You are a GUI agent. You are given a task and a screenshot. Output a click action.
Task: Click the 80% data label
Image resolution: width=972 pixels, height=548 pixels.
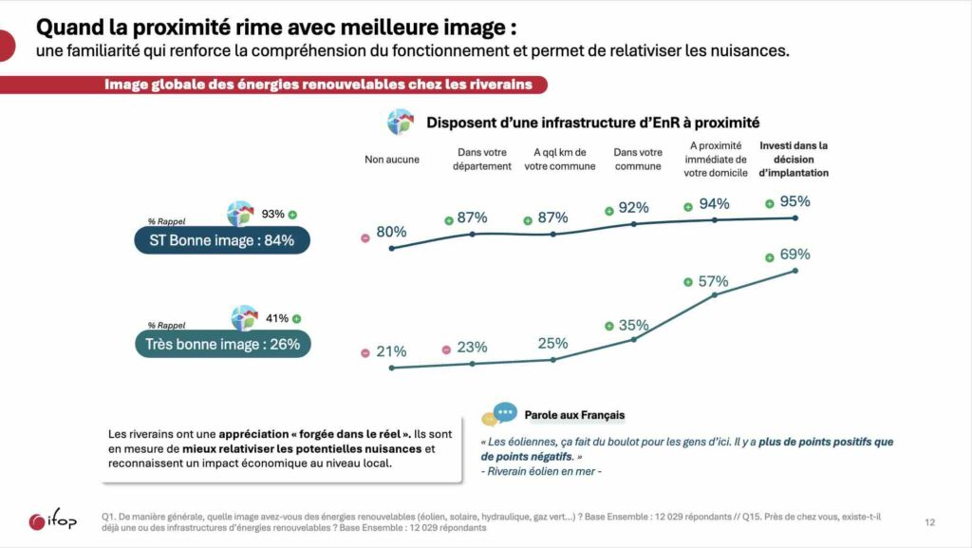click(x=391, y=232)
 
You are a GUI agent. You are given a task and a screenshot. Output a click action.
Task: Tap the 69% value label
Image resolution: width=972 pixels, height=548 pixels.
click(x=794, y=255)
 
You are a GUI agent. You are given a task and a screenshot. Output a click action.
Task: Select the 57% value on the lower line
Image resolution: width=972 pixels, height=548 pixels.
click(x=713, y=281)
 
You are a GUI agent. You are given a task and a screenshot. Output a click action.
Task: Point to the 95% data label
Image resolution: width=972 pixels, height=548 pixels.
click(x=794, y=201)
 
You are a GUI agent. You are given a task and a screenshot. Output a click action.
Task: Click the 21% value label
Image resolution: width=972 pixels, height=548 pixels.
click(x=391, y=351)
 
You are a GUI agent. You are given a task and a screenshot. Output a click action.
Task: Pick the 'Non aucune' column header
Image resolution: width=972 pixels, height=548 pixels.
click(x=392, y=160)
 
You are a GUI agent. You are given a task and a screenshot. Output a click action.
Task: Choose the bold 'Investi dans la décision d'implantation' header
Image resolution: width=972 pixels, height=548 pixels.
click(x=794, y=159)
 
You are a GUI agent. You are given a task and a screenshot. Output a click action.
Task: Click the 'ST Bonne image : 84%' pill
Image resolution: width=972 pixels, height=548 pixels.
click(x=222, y=240)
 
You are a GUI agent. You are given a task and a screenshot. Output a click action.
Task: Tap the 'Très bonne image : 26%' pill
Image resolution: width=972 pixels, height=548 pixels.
click(x=222, y=344)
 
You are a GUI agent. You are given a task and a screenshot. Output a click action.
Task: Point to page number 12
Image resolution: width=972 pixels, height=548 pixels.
click(x=929, y=521)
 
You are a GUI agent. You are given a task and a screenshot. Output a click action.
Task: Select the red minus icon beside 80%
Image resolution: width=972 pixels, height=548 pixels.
click(x=364, y=237)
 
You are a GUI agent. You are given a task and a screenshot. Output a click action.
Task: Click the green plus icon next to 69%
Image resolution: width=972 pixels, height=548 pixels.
click(x=769, y=256)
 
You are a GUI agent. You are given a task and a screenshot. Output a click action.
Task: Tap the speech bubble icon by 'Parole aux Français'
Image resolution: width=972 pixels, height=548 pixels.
click(x=499, y=414)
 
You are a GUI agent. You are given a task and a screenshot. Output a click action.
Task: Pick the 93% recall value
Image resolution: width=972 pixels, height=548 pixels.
click(x=273, y=214)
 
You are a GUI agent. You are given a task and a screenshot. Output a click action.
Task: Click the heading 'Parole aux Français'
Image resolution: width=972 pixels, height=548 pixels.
click(x=574, y=415)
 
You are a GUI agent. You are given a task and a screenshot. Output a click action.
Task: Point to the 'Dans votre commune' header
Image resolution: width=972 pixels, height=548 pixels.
click(x=638, y=160)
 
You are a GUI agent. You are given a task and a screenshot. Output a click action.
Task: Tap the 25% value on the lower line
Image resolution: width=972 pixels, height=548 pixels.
click(x=552, y=343)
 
